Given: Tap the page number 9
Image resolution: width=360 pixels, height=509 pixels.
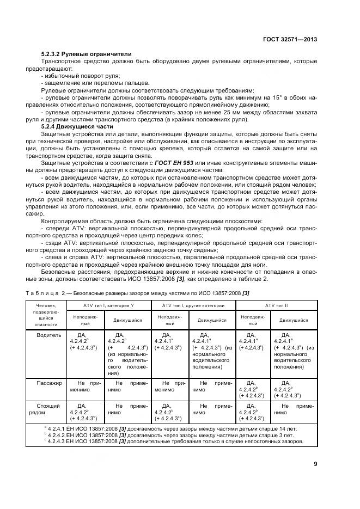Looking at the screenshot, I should (x=315, y=464).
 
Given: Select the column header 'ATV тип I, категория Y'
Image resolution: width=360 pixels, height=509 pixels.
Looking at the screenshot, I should (x=108, y=305).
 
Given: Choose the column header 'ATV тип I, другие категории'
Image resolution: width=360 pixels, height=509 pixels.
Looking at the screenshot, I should (x=193, y=305).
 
